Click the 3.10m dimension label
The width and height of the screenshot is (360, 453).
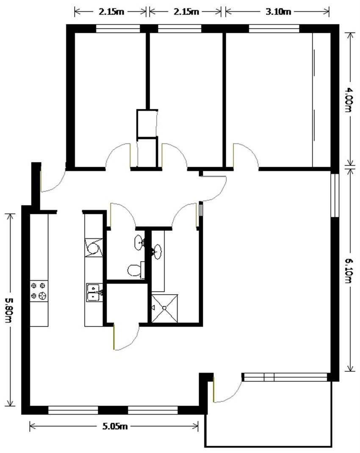point(278,11)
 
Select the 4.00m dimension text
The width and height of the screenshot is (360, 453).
point(348,99)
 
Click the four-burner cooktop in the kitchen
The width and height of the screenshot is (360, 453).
point(39,291)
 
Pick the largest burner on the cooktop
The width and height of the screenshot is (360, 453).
point(42,296)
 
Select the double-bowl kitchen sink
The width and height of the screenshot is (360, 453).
point(94,293)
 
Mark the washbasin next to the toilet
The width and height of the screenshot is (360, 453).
point(139,242)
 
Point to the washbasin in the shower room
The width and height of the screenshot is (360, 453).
point(157,252)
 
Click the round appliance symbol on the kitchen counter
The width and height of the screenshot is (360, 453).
point(93,248)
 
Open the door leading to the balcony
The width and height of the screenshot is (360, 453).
point(227,390)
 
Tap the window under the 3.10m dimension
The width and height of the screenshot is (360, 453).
point(274,28)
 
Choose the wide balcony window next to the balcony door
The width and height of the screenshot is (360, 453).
point(285,377)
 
